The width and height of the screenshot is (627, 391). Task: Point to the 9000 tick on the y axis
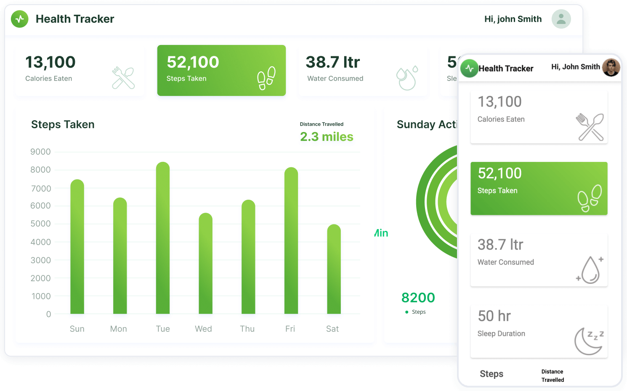(40, 152)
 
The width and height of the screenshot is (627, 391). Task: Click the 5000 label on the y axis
(40, 224)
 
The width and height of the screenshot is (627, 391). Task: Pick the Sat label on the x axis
(332, 329)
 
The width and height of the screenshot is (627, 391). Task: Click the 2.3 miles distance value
(327, 137)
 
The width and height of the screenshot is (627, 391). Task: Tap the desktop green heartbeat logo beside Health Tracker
(20, 19)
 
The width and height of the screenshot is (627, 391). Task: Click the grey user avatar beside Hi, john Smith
(561, 19)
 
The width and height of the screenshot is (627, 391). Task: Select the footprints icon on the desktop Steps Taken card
(266, 78)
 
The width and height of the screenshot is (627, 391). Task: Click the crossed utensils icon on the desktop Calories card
(123, 78)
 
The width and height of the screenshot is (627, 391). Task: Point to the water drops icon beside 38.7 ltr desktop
(407, 78)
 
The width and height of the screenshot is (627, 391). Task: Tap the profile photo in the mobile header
(611, 67)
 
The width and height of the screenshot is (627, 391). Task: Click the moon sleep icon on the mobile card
(589, 341)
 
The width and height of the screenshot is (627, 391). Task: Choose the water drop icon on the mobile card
(590, 269)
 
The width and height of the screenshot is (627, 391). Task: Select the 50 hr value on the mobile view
(494, 316)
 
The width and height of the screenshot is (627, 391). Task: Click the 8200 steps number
(418, 298)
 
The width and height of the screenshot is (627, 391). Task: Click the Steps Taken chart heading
(63, 124)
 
